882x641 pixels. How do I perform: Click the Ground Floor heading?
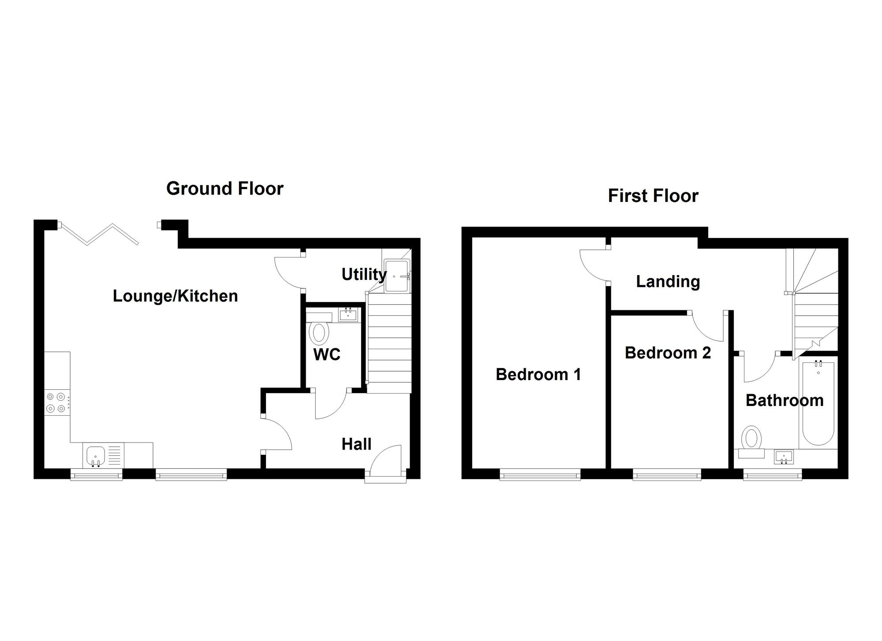(224, 189)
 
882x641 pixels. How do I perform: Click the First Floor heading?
(653, 196)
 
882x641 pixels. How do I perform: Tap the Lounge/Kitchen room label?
(175, 296)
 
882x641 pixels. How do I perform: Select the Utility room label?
(364, 274)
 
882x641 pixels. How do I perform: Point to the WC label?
(327, 354)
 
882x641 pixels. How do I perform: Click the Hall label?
(356, 444)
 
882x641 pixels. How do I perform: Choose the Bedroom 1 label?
(538, 374)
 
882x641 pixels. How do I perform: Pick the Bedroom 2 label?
(668, 353)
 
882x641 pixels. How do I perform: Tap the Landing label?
(668, 281)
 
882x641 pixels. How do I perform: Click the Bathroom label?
(784, 400)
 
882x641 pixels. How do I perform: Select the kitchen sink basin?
(95, 455)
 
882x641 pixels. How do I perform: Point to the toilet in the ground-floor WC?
(319, 333)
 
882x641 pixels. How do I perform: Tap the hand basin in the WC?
(348, 315)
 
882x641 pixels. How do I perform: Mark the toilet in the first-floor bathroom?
(751, 439)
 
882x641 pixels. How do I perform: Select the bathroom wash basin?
(783, 457)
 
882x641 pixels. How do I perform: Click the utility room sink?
(396, 276)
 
